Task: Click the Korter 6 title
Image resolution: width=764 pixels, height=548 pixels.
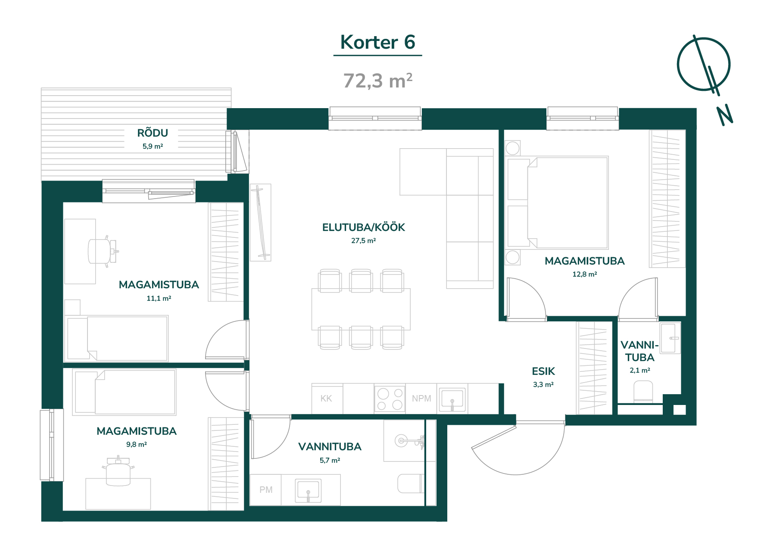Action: point(377,42)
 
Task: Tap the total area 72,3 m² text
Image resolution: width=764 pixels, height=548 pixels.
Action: point(378,81)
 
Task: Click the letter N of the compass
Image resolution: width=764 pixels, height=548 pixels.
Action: point(725,115)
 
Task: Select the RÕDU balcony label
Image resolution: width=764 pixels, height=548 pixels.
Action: point(153,133)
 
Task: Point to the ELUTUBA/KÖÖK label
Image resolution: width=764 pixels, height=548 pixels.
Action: point(364,227)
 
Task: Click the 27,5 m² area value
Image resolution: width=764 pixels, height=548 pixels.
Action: point(364,241)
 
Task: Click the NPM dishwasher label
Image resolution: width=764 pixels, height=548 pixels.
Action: point(421,399)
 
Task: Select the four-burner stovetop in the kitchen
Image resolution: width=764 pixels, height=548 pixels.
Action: point(390,399)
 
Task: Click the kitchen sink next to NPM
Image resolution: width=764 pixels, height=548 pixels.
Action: point(452,399)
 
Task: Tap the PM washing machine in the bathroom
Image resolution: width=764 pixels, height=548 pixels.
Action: point(266,490)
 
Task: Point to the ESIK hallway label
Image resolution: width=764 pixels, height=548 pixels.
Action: point(543,371)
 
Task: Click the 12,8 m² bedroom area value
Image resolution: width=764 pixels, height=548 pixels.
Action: point(585,274)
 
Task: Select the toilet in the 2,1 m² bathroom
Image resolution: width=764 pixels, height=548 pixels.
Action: point(643,392)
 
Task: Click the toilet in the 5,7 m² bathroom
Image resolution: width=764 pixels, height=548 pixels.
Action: point(411,484)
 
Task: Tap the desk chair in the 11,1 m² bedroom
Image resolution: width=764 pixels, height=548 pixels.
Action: point(103,251)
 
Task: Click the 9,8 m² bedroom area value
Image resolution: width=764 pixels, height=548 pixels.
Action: point(137,445)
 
